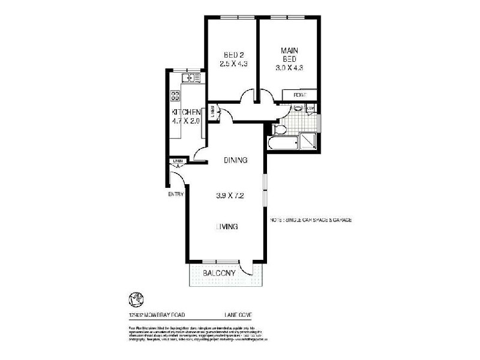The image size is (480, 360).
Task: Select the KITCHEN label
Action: point(185,112)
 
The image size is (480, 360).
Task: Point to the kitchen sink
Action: point(190,77)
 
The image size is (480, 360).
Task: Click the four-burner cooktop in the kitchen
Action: point(176,96)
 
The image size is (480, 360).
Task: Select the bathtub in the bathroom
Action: point(283,144)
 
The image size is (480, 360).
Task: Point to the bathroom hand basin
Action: point(297,109)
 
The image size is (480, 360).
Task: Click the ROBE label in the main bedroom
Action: point(300,95)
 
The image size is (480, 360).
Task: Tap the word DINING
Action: point(236,160)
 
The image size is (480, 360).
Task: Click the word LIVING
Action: point(228,226)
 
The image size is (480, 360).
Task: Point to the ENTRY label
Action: point(175,194)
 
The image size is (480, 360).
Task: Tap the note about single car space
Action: point(310,220)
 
